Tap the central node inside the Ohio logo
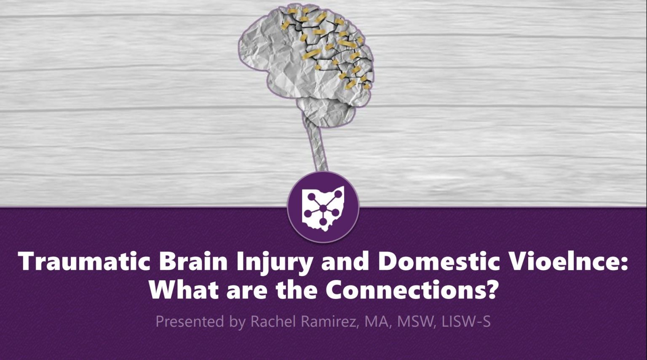point(323,208)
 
